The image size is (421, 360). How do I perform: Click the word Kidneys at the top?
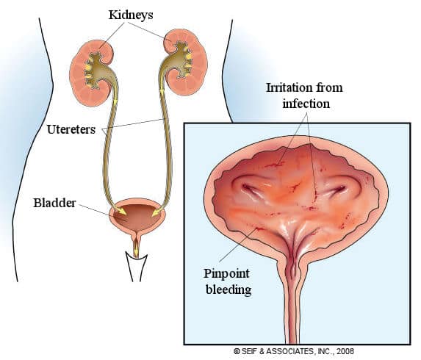131,15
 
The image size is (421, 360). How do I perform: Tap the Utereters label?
71,129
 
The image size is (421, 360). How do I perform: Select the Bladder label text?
54,203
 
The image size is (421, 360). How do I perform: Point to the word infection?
306,104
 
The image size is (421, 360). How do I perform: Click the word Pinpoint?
226,274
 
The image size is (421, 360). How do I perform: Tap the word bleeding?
229,290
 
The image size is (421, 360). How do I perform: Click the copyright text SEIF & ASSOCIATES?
278,351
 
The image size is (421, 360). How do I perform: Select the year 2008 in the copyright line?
345,351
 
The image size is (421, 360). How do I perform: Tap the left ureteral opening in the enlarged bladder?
251,190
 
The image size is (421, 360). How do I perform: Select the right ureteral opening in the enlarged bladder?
335,190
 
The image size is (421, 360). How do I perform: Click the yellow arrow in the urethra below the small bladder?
137,247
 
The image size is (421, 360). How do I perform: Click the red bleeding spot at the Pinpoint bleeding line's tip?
259,228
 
